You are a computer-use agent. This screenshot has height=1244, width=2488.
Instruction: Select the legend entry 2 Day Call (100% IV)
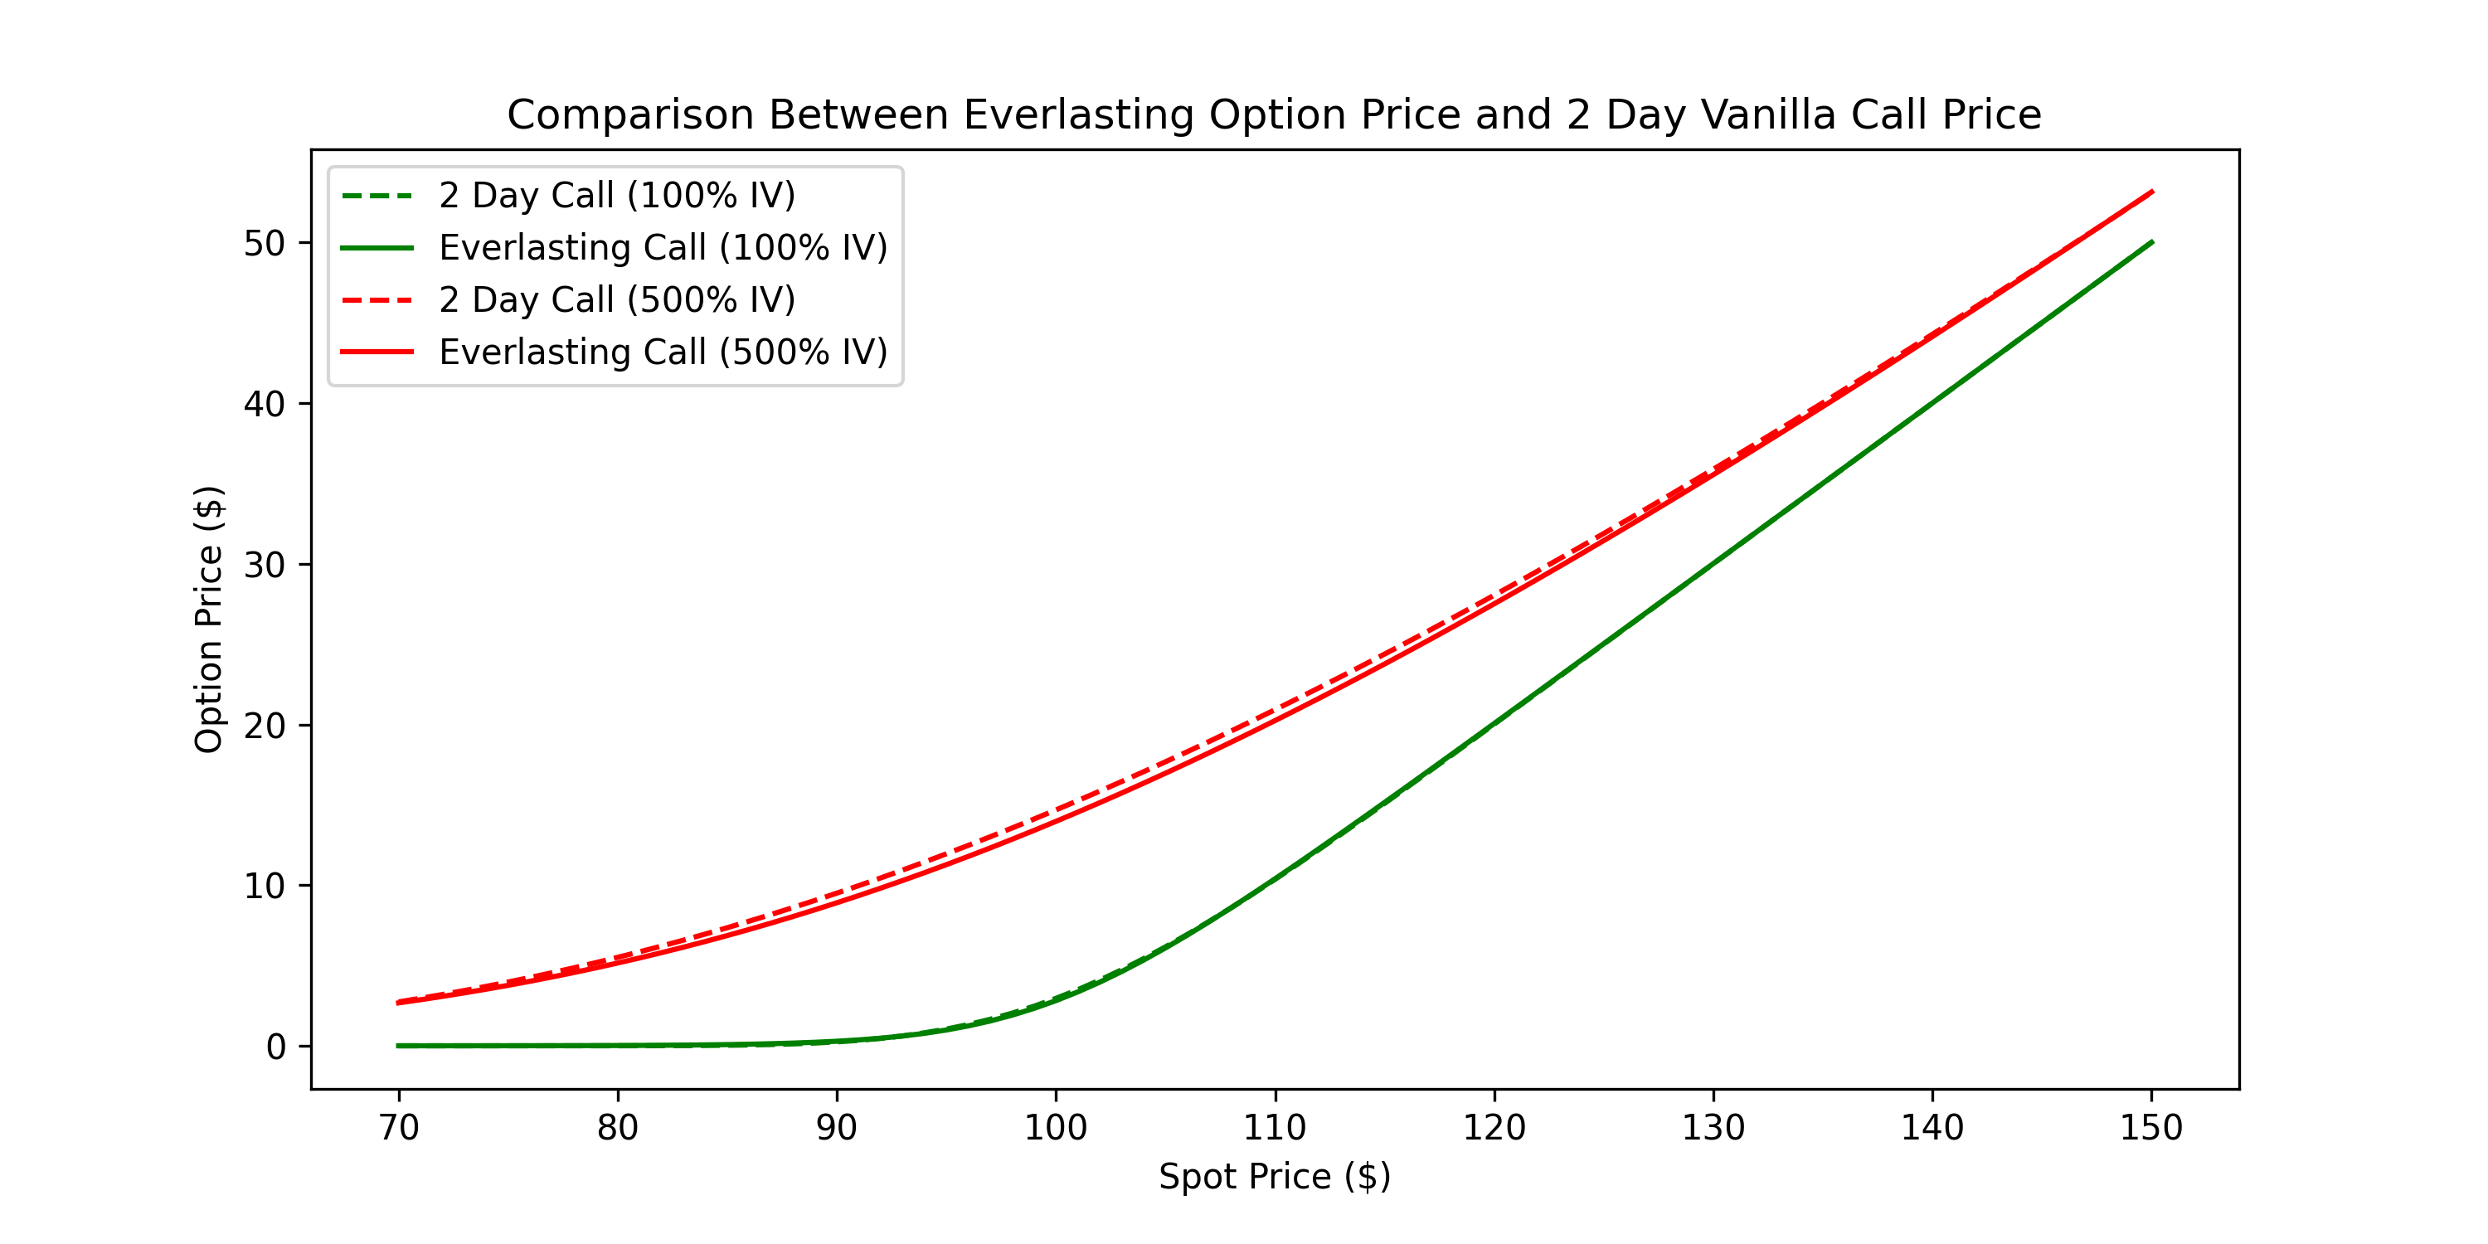point(616,196)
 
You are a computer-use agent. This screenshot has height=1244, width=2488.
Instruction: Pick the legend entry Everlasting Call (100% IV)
point(663,248)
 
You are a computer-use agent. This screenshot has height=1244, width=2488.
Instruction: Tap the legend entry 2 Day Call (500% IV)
point(616,300)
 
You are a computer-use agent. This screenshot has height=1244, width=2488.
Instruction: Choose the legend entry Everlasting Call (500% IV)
point(663,352)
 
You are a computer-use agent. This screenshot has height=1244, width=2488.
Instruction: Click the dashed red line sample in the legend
point(377,300)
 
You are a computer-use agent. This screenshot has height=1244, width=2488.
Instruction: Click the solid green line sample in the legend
point(377,248)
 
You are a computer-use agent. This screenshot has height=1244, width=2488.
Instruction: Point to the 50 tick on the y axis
point(264,243)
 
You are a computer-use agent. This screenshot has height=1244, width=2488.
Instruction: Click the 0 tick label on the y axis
point(276,1047)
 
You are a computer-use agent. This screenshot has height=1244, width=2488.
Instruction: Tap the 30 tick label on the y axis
point(264,565)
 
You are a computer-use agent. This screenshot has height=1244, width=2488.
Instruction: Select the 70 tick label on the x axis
point(399,1128)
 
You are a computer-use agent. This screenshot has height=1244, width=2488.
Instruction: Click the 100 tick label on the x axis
point(1056,1128)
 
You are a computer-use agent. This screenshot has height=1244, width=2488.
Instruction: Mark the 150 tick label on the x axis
point(2151,1128)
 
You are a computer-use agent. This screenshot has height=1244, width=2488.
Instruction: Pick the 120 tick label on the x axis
point(1494,1128)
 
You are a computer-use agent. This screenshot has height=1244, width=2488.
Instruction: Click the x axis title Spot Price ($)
point(1275,1176)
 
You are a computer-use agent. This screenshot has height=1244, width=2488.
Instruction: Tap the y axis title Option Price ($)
point(209,620)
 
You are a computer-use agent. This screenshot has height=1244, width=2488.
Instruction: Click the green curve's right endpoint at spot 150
point(2151,242)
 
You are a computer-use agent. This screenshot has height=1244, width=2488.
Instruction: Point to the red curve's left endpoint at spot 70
point(399,1003)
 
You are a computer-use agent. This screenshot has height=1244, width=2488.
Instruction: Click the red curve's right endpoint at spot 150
point(2151,192)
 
